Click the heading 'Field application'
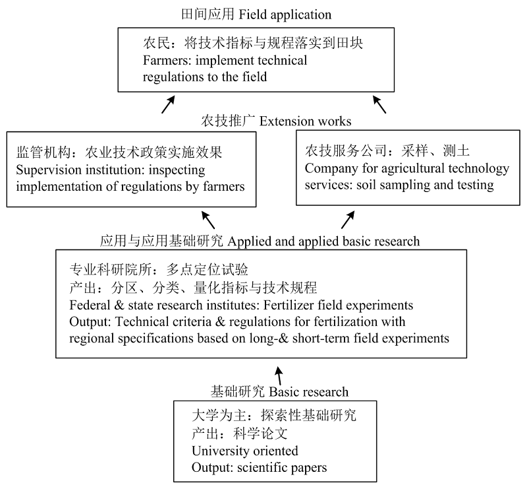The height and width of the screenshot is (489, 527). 285,15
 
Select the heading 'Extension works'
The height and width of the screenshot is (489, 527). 305,121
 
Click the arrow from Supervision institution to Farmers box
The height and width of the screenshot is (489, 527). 169,104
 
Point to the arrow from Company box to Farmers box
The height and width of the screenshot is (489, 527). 379,104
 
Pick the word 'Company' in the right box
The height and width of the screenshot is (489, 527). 331,169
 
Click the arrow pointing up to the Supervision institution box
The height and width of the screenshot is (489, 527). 208,220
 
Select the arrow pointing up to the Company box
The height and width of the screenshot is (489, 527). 348,220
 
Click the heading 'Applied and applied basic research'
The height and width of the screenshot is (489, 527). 323,242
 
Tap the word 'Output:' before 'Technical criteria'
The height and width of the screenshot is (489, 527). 90,321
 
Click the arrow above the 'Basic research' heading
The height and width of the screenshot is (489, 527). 278,376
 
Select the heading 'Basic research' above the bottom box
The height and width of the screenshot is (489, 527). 309,392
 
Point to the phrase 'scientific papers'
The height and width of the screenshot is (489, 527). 282,468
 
